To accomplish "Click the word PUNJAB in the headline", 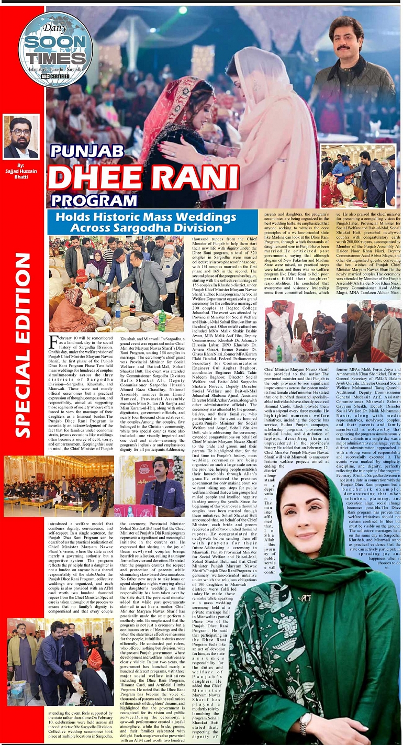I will [x=87, y=151].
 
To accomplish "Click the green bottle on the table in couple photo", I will [x=162, y=320].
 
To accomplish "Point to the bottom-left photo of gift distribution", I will [x=59, y=661].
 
